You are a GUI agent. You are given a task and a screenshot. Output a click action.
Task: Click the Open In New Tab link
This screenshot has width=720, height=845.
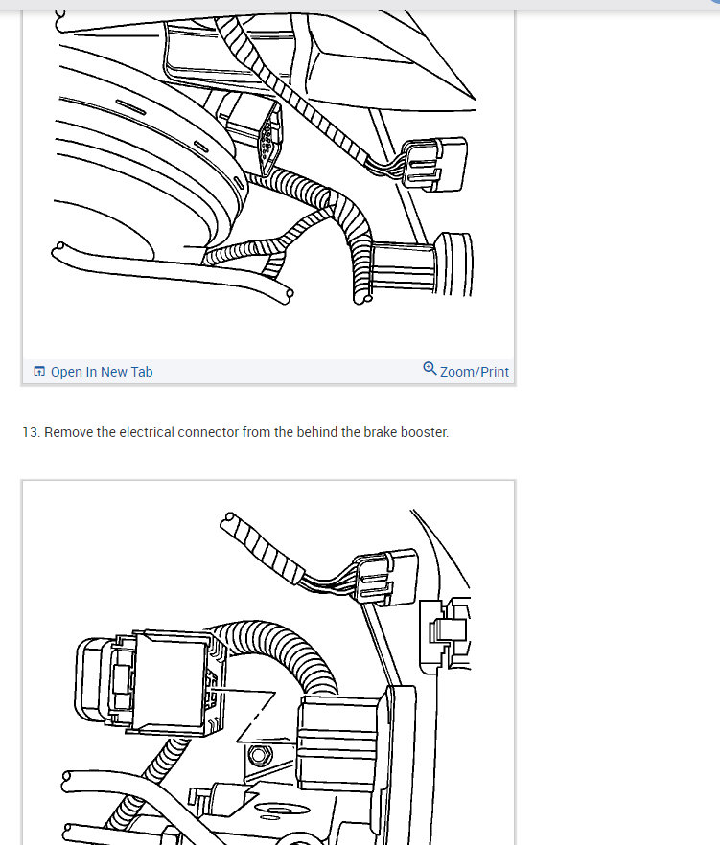(101, 372)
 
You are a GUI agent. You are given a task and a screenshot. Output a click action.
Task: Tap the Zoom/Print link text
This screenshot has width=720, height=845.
(474, 372)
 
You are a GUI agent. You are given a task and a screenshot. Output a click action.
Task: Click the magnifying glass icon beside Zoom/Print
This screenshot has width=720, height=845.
(430, 369)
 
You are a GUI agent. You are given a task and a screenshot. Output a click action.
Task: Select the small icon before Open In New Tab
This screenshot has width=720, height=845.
(39, 372)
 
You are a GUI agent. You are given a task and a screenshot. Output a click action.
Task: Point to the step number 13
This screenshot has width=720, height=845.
(31, 432)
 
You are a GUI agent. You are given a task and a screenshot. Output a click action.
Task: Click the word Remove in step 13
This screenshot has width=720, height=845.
(68, 432)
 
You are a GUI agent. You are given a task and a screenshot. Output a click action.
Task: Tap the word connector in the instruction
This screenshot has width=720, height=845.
(209, 432)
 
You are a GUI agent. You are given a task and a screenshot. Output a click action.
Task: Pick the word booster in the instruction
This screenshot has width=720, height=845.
(425, 432)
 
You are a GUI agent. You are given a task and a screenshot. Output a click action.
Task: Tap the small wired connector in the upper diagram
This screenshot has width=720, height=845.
(434, 164)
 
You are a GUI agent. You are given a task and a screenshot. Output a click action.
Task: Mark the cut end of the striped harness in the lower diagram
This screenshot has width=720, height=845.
(229, 521)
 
